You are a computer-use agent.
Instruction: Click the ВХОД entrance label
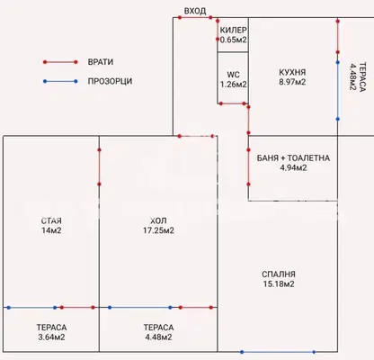[x=195, y=11]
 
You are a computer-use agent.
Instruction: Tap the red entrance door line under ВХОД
[x=195, y=17]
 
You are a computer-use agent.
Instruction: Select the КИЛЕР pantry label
[x=234, y=30]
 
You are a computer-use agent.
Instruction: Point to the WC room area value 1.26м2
[x=234, y=85]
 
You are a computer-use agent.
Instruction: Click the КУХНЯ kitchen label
[x=292, y=72]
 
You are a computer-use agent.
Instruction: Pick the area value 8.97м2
[x=292, y=82]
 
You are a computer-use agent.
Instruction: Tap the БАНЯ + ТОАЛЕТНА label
[x=293, y=158]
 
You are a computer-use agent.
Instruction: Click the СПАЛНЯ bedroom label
[x=279, y=274]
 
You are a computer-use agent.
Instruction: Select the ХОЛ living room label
[x=158, y=221]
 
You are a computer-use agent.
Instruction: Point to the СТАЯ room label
[x=51, y=221]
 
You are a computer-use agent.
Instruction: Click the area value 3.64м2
[x=51, y=337]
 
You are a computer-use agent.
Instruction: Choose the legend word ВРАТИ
[x=101, y=62]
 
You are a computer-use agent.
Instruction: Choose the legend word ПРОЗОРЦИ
[x=110, y=81]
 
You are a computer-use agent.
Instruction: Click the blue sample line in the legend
[x=60, y=81]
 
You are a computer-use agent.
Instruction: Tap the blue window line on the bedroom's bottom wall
[x=278, y=352]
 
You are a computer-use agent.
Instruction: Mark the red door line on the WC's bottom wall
[x=233, y=103]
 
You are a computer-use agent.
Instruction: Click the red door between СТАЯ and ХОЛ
[x=99, y=166]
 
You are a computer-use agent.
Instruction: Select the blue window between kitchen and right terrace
[x=338, y=91]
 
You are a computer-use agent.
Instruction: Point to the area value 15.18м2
[x=279, y=283]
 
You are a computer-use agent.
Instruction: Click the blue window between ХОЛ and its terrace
[x=140, y=308]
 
